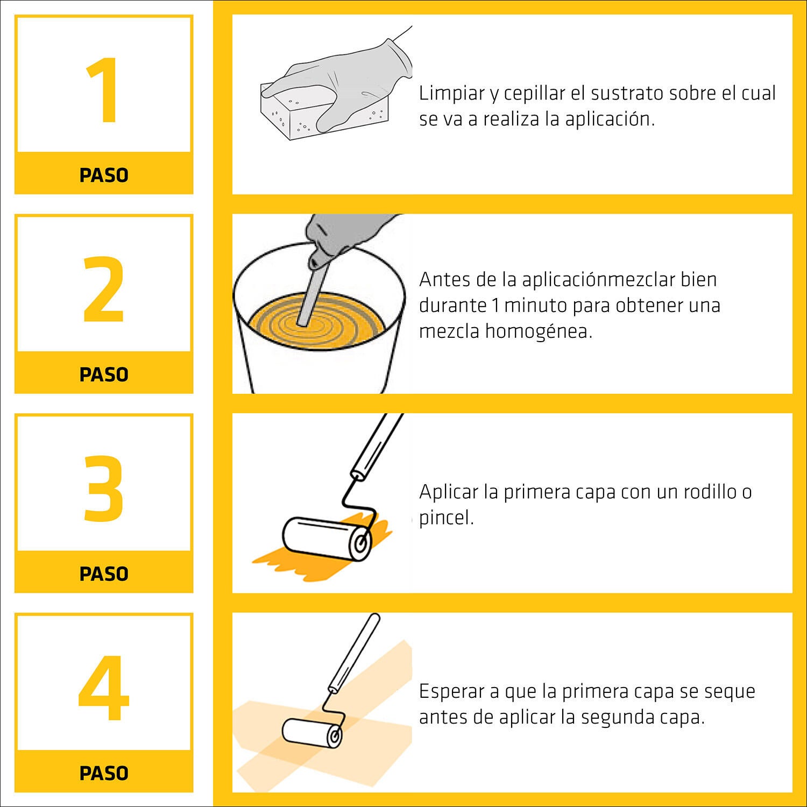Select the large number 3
point(104,489)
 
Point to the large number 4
point(104,688)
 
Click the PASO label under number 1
point(104,175)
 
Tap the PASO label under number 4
point(104,774)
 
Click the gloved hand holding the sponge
point(344,81)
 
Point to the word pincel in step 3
point(446,518)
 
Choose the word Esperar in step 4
point(454,691)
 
